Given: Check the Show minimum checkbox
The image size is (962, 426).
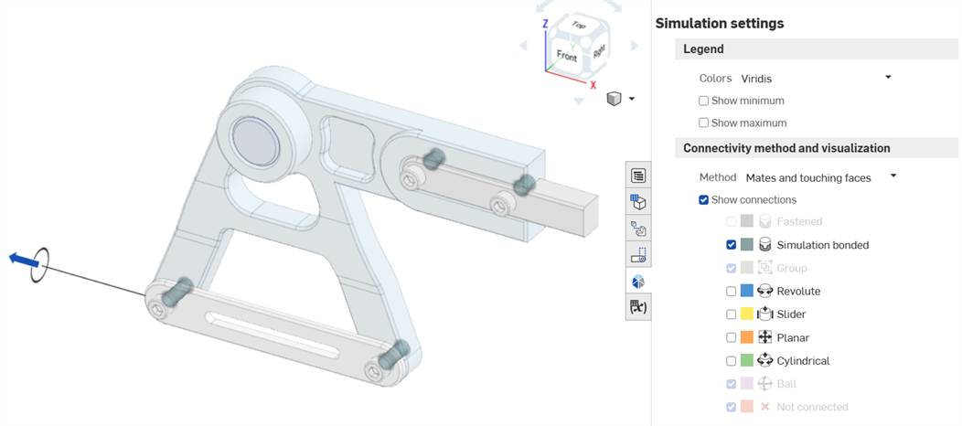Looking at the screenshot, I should (703, 101).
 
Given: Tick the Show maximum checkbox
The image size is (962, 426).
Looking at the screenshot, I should (703, 122).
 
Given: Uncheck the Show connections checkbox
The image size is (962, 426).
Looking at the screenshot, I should (703, 200).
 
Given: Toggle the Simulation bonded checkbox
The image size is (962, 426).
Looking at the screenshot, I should (731, 245).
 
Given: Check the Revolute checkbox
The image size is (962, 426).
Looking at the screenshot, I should (731, 292).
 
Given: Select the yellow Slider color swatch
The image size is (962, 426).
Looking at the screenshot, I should (747, 314).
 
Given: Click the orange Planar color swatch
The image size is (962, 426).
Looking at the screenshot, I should (747, 337).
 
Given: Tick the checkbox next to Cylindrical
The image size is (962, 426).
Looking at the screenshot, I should (731, 361).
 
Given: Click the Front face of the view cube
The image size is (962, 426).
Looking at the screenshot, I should (567, 56).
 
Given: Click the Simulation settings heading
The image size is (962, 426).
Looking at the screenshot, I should (719, 24).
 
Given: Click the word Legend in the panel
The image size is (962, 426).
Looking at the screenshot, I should (703, 49).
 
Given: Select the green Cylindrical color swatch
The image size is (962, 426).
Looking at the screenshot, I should (747, 361).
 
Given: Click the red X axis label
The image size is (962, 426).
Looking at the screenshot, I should (593, 85).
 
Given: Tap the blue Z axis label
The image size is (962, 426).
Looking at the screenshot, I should (545, 24).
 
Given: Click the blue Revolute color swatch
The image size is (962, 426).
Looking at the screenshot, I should (747, 292).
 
